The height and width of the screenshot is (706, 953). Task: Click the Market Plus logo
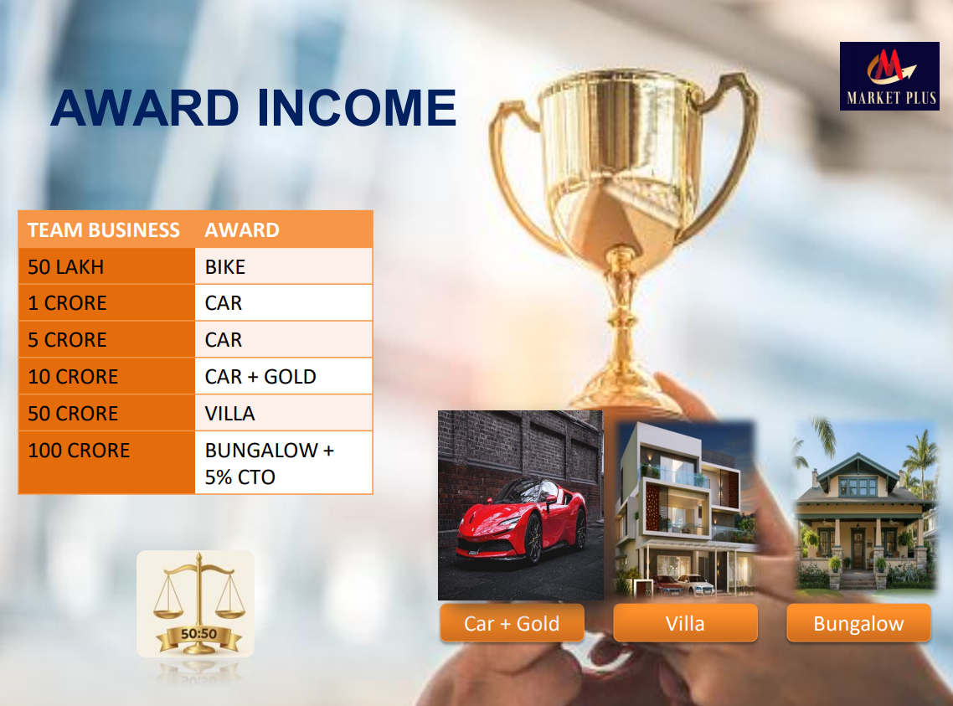tap(889, 76)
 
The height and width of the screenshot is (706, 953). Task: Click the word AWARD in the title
tap(145, 108)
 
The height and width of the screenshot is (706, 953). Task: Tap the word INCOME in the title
tap(356, 108)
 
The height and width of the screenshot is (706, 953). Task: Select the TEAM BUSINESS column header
tap(103, 229)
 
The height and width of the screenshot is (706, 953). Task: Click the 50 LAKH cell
tap(106, 266)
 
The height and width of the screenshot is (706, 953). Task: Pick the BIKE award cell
tap(283, 266)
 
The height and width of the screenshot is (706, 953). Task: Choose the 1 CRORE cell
tap(106, 302)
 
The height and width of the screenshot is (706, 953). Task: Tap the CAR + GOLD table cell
tap(283, 376)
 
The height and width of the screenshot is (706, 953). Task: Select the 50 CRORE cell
tap(106, 413)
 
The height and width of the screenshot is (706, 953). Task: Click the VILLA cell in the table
tap(283, 413)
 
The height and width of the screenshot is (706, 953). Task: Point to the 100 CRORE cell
tap(106, 462)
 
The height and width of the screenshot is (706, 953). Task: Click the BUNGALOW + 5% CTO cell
tap(283, 462)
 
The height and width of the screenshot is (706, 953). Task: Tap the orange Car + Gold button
tap(512, 623)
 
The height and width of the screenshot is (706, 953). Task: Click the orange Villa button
tap(685, 623)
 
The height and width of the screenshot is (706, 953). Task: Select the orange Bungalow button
tap(858, 623)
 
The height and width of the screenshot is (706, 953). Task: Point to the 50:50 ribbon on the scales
tap(198, 635)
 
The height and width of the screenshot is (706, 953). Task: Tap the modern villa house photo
tap(685, 508)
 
